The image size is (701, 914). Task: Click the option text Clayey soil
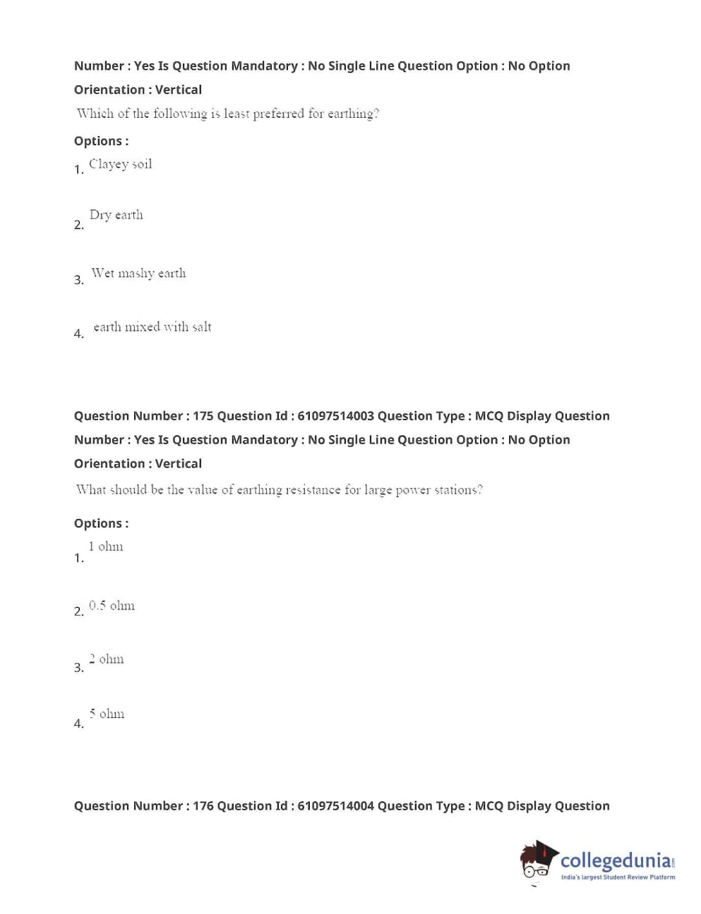(x=120, y=164)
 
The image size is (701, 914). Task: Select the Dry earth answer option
(x=116, y=215)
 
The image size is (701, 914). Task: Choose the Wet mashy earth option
(x=138, y=274)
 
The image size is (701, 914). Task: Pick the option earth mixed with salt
(x=152, y=327)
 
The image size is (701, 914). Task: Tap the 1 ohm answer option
(x=105, y=547)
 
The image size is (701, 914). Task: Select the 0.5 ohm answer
(x=112, y=606)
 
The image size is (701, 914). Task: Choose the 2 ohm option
(x=106, y=659)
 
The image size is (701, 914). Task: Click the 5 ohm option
(x=107, y=714)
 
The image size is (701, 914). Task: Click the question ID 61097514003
(x=335, y=416)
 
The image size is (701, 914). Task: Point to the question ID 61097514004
(x=335, y=806)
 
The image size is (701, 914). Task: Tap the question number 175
(x=203, y=416)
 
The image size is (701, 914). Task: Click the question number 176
(x=203, y=806)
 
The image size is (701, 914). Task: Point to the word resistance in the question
(x=313, y=490)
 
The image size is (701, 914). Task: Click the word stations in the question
(x=457, y=490)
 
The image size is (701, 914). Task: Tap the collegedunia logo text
(x=616, y=861)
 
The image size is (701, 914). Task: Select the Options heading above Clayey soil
(x=101, y=141)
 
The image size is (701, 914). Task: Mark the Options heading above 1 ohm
(x=101, y=523)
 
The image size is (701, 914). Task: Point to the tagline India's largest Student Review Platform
(x=618, y=877)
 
